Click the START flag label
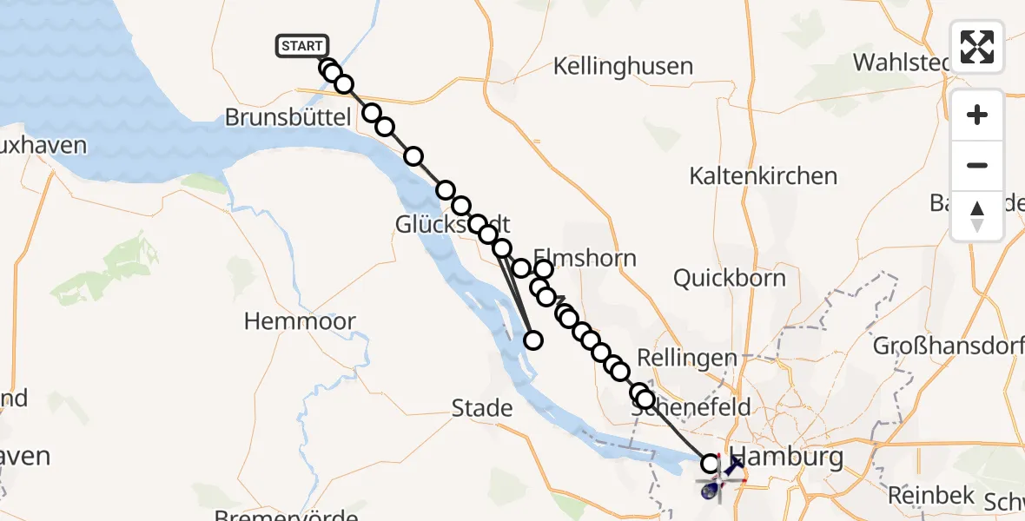pos(302,46)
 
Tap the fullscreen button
pos(977,47)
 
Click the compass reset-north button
pos(977,216)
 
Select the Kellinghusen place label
pos(623,66)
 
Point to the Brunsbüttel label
pos(287,118)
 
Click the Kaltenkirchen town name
pos(763,176)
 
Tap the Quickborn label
pos(730,279)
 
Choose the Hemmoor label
pos(300,321)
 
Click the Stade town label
pos(481,407)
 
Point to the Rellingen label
pos(686,358)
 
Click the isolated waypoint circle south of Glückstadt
pos(533,340)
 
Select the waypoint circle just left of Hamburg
pos(711,464)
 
